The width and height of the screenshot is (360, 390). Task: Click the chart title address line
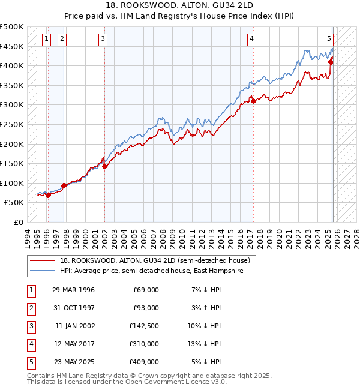pyautogui.click(x=180, y=5)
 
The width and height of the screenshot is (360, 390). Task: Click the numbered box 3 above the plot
pyautogui.click(x=103, y=40)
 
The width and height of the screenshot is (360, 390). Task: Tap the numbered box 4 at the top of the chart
pyautogui.click(x=251, y=40)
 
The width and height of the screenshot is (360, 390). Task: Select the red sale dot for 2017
pyautogui.click(x=253, y=101)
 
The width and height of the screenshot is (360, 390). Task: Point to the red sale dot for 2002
pyautogui.click(x=104, y=167)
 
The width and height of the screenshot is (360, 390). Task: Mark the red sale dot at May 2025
pyautogui.click(x=331, y=62)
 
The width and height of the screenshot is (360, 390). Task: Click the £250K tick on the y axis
pyautogui.click(x=12, y=124)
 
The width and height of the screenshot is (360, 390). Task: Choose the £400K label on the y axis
pyautogui.click(x=12, y=65)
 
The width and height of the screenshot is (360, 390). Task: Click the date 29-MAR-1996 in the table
pyautogui.click(x=73, y=290)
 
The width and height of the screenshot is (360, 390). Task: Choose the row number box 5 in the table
pyautogui.click(x=30, y=362)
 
